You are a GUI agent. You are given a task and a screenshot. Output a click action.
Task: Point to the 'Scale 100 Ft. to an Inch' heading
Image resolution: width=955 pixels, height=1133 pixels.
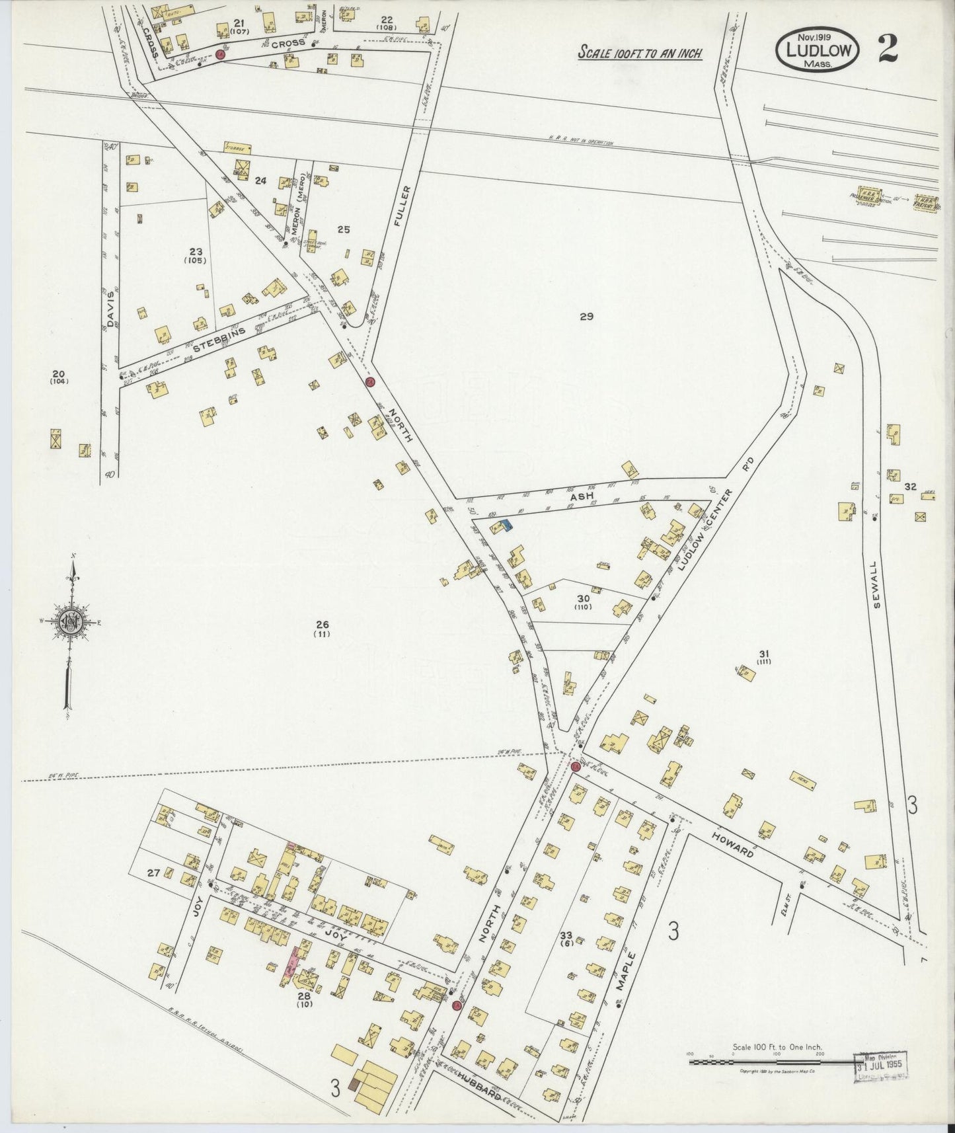pos(640,53)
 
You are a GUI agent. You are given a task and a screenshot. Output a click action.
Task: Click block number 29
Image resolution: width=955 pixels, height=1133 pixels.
pos(586,317)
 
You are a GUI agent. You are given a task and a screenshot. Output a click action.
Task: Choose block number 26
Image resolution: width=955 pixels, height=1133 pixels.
pos(323,625)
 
